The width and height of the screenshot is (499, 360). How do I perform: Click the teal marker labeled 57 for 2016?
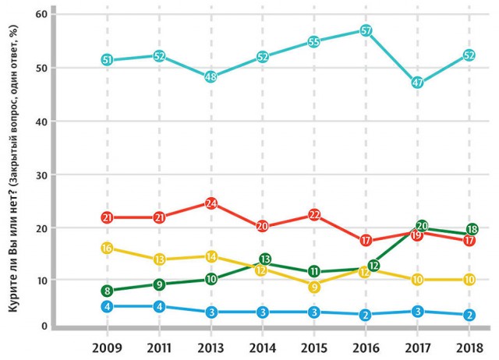coord(366,31)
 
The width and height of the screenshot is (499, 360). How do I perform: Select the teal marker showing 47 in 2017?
coord(418,83)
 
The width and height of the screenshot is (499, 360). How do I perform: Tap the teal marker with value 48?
coord(211,76)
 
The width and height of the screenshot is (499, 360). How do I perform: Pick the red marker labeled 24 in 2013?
coord(211,203)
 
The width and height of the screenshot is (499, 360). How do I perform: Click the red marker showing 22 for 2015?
coord(314,215)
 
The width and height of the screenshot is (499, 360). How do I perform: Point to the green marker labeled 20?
coord(422,226)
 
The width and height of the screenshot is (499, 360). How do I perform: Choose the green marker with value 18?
coord(472,229)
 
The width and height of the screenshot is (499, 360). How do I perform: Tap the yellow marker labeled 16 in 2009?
coord(108,248)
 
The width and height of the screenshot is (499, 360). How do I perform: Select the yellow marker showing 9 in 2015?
coord(314,288)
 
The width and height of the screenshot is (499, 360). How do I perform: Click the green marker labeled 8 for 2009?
coord(108,291)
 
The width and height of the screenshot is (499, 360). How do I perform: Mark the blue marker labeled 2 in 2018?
coord(469,315)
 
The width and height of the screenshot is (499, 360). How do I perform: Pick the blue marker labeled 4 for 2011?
coord(159,307)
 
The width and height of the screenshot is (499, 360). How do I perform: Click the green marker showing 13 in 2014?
coord(265,259)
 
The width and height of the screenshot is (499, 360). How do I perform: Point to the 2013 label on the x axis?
coord(211,348)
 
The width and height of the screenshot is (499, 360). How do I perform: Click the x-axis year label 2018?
coord(469,348)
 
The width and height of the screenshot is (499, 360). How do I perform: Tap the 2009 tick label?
coord(108,348)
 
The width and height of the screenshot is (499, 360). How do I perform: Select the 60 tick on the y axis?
coord(41,14)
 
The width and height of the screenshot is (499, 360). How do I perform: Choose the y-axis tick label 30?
coord(41,175)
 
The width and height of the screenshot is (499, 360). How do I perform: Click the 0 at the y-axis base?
coord(44,326)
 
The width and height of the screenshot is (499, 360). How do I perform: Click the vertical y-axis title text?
coord(12,169)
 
